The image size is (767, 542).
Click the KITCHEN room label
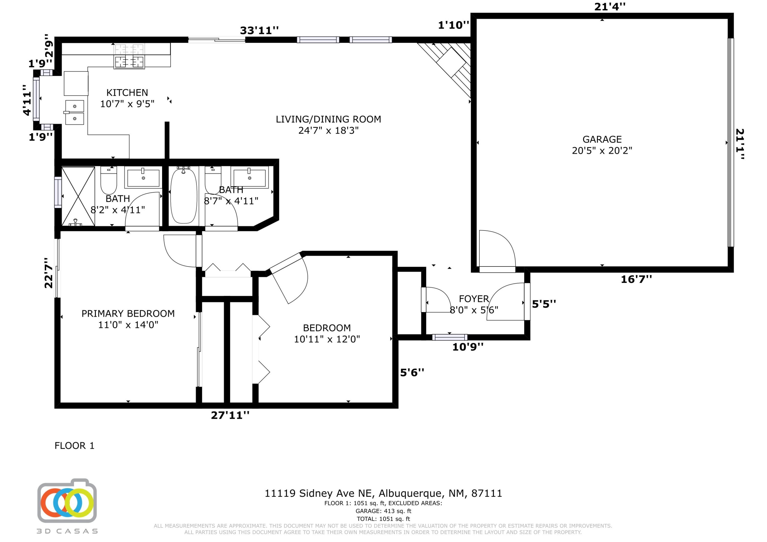tap(127, 93)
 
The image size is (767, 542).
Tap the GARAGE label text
tap(602, 139)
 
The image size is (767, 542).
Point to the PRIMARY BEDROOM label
tap(128, 313)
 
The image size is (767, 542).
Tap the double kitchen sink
tap(74, 112)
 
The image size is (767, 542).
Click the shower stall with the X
tap(78, 196)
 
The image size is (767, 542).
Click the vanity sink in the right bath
tap(249, 177)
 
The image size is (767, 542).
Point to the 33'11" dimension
tap(259, 30)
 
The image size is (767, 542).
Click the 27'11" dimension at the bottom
tap(230, 415)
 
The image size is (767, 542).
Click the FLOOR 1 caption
tap(74, 445)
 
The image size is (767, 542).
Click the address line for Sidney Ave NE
tap(383, 493)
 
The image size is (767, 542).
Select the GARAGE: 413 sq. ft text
tap(383, 511)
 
